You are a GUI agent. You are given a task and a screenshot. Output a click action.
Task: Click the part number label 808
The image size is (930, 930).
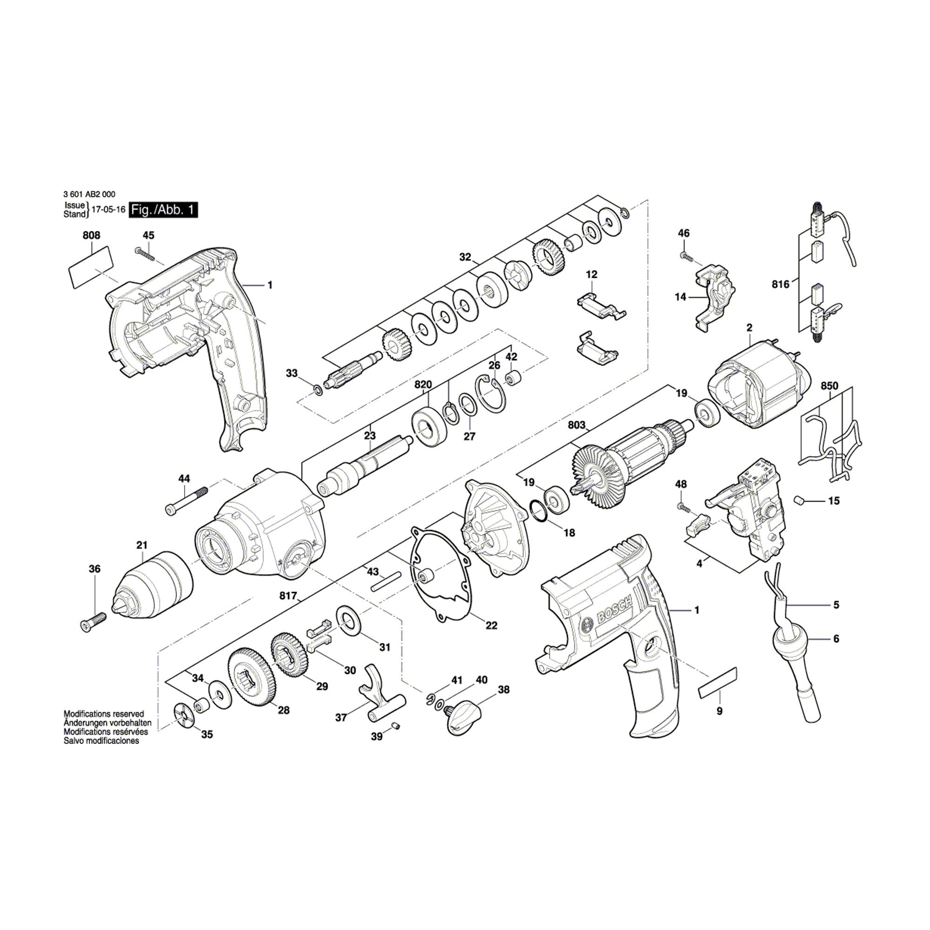tap(92, 235)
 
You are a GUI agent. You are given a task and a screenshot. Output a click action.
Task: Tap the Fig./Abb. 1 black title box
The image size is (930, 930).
tap(164, 210)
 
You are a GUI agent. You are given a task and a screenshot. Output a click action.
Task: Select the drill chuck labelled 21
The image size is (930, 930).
tap(153, 584)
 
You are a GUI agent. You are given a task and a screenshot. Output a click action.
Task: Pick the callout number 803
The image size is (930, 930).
tap(577, 425)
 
